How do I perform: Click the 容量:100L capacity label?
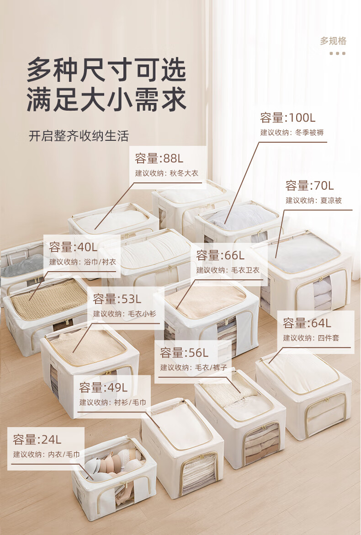tap(288, 118)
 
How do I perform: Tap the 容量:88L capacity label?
tap(159, 159)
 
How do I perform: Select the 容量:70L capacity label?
tap(310, 186)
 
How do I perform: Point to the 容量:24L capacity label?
tap(37, 440)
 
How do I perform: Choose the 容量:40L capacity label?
tap(74, 247)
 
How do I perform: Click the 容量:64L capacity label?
tap(307, 323)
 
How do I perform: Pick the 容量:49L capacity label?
tap(103, 388)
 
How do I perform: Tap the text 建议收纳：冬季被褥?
tap(292, 133)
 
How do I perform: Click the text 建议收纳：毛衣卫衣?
tap(228, 270)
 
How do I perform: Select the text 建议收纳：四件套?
tap(311, 338)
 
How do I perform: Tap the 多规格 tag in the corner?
tap(333, 41)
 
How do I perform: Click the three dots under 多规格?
tap(338, 53)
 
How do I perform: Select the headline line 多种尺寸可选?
tap(106, 70)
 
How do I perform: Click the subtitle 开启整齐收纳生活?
tap(79, 136)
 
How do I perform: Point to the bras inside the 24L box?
tap(114, 462)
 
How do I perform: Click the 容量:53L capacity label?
tap(117, 299)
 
